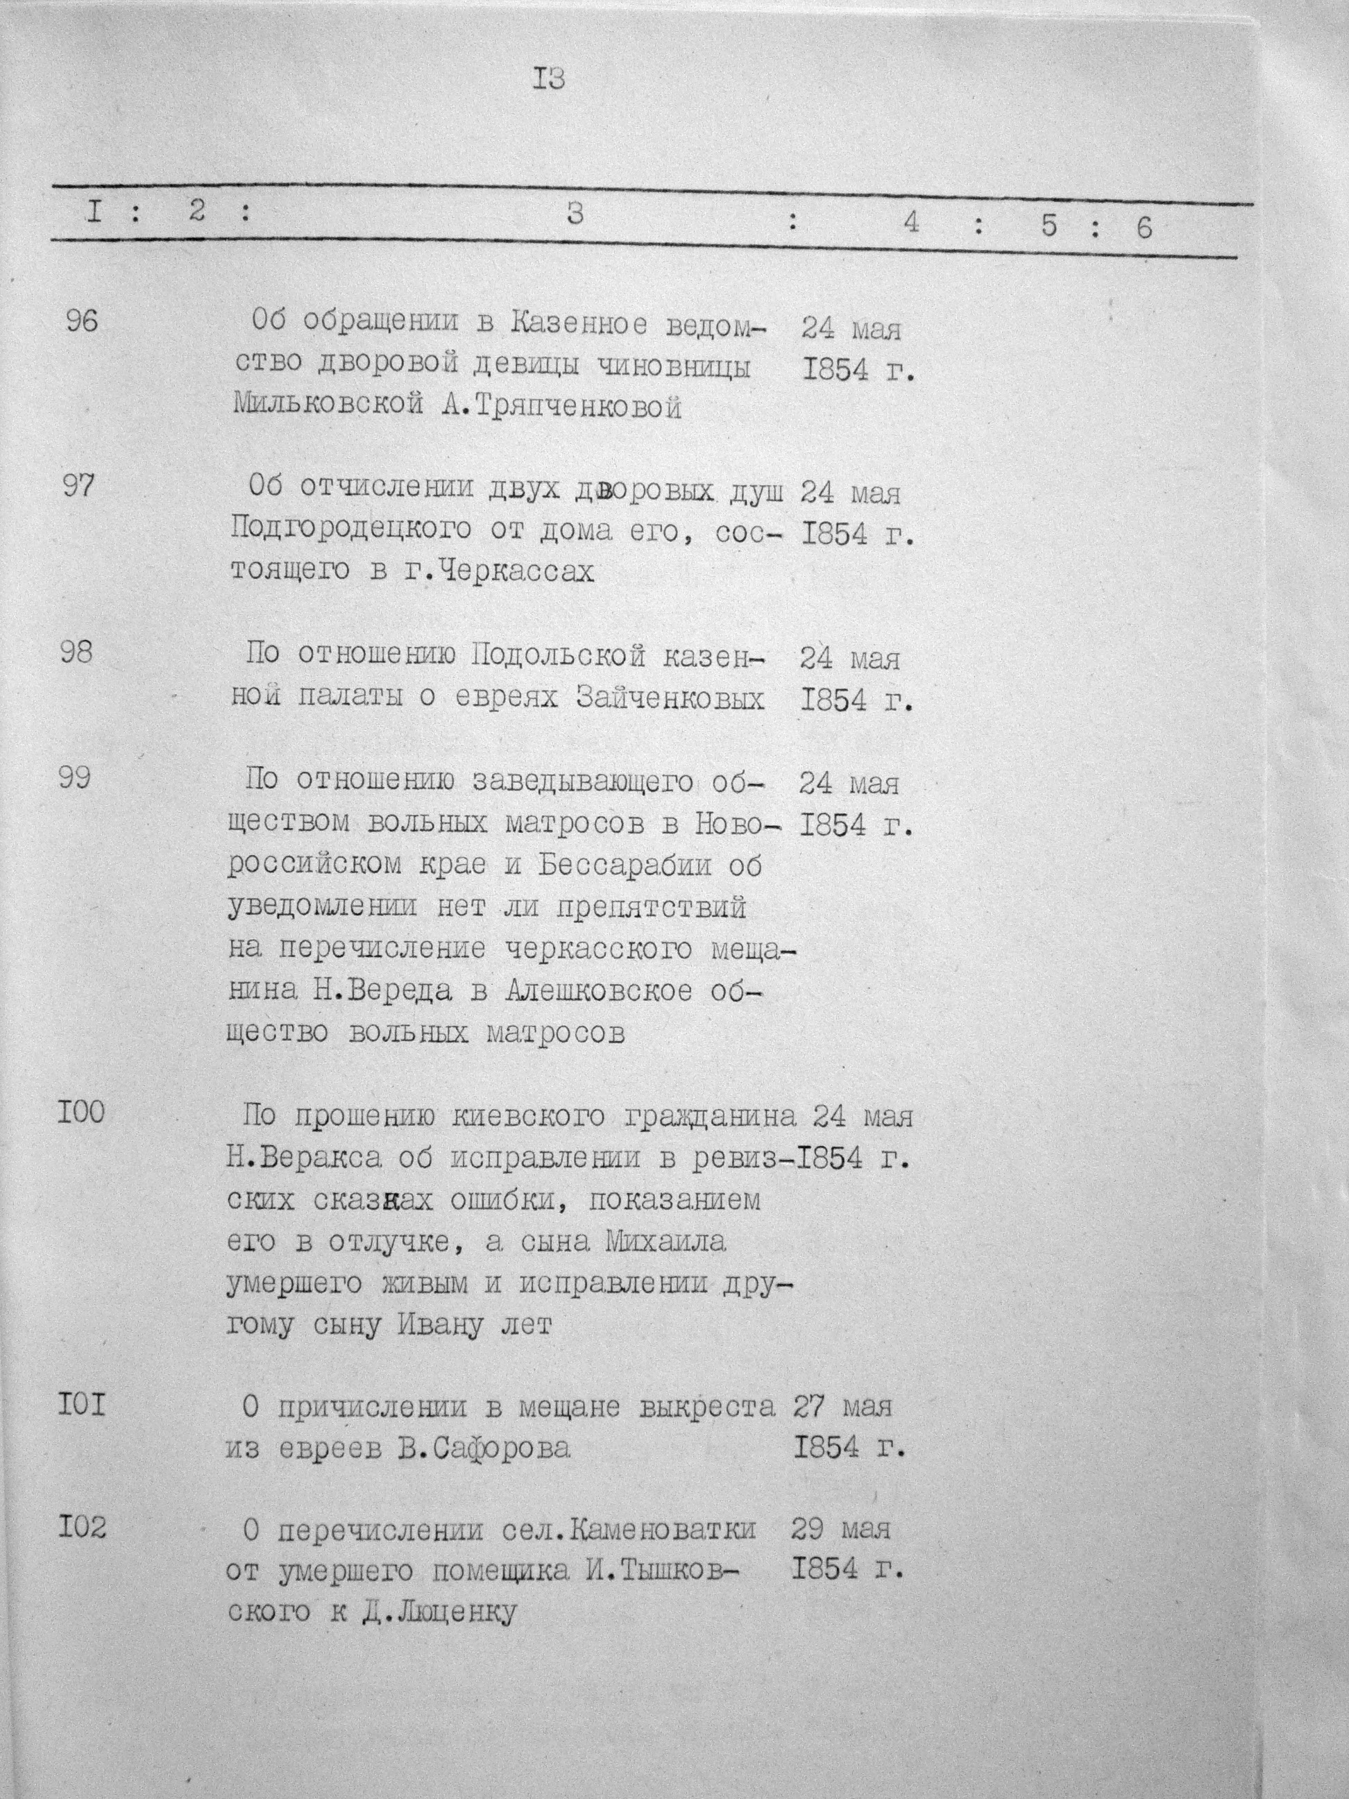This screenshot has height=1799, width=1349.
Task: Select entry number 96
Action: coord(81,322)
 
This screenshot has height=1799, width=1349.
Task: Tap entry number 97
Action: coord(80,487)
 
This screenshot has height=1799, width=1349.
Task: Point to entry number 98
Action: coord(77,652)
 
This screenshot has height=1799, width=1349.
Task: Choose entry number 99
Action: coord(76,778)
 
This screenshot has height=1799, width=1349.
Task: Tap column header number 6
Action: coord(1144,228)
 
